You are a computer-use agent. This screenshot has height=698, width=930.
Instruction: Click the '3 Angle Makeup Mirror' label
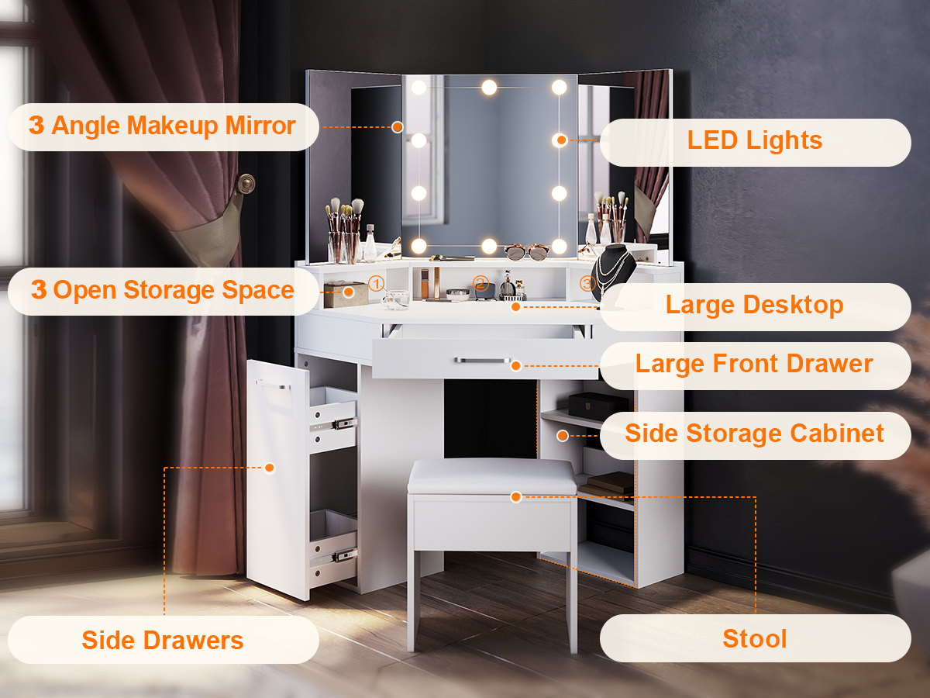click(162, 126)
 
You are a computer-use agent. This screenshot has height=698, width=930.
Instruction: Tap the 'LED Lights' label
click(755, 140)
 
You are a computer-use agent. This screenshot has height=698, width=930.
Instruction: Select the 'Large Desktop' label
click(755, 305)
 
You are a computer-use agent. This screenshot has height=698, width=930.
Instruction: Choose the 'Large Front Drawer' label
click(754, 364)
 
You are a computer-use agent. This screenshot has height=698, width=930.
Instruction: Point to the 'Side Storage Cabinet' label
click(754, 434)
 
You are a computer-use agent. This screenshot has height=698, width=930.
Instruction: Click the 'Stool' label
click(755, 638)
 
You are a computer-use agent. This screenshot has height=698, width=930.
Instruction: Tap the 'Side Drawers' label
click(163, 640)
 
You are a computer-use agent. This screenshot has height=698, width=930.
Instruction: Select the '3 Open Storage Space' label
click(162, 290)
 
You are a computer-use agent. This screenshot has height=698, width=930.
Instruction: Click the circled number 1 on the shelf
click(376, 283)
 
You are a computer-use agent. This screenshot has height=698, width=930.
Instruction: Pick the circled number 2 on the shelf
click(481, 283)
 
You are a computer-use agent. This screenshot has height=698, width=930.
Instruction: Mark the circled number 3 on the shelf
click(587, 283)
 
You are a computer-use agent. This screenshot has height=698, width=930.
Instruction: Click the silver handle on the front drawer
click(482, 360)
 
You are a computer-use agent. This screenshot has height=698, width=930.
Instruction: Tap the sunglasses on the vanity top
click(527, 252)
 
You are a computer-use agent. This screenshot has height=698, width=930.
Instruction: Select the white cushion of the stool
click(491, 476)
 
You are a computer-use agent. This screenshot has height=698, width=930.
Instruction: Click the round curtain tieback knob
click(246, 184)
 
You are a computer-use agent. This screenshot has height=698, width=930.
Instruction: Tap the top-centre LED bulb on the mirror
click(489, 88)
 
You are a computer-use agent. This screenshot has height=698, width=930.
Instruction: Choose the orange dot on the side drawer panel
click(270, 468)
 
